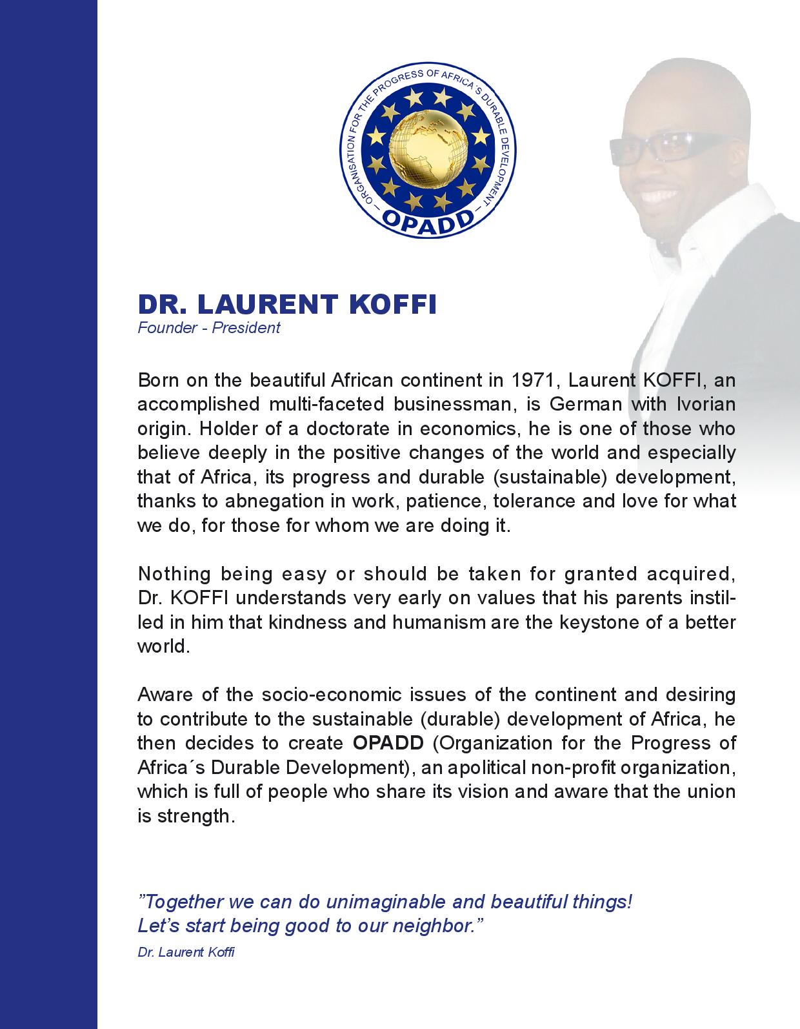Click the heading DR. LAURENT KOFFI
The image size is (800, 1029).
click(x=287, y=304)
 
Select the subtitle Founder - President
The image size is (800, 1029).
click(x=208, y=327)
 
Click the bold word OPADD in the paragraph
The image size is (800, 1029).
click(x=388, y=743)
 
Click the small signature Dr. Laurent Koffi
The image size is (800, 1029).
click(x=186, y=952)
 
